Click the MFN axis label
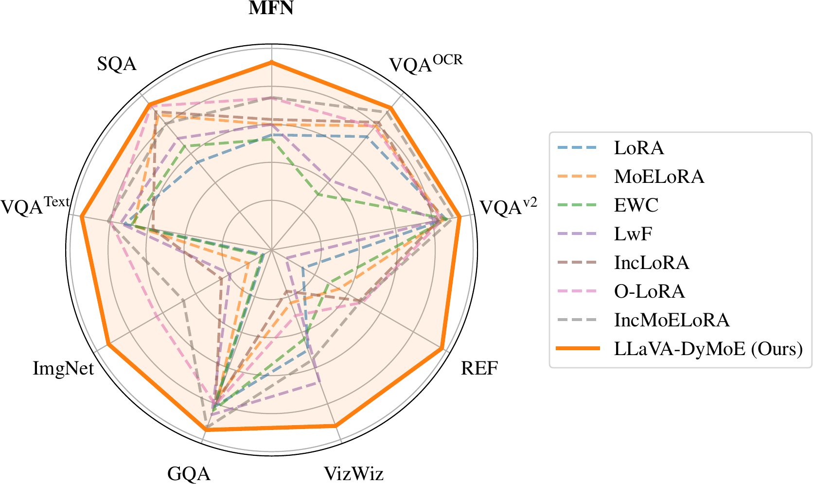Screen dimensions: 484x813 [271, 8]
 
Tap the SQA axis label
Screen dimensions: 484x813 [117, 64]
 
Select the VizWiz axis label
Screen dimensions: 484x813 [353, 473]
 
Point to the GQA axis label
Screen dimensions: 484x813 [189, 473]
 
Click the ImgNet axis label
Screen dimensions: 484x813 [63, 368]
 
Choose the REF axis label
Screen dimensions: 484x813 [479, 368]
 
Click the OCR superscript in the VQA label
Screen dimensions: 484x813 [447, 60]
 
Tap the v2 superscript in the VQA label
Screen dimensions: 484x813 [530, 202]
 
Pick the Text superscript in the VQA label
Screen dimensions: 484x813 [57, 201]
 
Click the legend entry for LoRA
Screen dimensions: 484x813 [638, 148]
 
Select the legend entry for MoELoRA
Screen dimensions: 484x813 [659, 177]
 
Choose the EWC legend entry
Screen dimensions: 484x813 [636, 205]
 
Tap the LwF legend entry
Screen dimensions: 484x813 [633, 234]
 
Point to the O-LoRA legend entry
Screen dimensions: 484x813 [649, 291]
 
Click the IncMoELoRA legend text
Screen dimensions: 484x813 [672, 320]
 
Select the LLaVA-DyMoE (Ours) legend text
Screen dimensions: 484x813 [708, 349]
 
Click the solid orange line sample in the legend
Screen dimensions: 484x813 [578, 349]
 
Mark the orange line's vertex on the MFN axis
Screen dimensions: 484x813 [272, 62]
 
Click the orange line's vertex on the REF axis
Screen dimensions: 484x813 [441, 349]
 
